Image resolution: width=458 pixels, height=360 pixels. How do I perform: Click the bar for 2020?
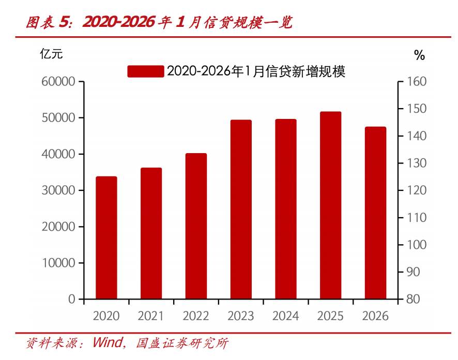point(106,238)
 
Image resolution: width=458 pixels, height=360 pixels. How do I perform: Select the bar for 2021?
point(151,233)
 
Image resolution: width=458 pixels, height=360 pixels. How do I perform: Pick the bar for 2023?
point(241,209)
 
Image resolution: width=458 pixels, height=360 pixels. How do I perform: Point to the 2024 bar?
point(286,209)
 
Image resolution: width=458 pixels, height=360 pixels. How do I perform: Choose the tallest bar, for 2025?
point(330,205)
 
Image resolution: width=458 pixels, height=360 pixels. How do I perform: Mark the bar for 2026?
point(375,213)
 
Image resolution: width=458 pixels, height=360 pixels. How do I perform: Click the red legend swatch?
point(145,71)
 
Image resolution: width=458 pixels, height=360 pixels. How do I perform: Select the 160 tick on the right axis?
point(416,82)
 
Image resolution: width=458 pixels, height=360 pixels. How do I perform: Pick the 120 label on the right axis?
point(416,190)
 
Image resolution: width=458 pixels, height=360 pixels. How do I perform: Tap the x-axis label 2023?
point(241,316)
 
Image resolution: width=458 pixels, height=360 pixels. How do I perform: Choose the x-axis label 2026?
point(375,316)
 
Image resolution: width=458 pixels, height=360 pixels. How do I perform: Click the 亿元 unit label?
point(51,53)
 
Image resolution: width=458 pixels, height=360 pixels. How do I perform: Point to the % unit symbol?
point(419,55)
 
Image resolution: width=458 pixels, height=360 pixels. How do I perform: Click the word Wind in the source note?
point(108,343)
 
